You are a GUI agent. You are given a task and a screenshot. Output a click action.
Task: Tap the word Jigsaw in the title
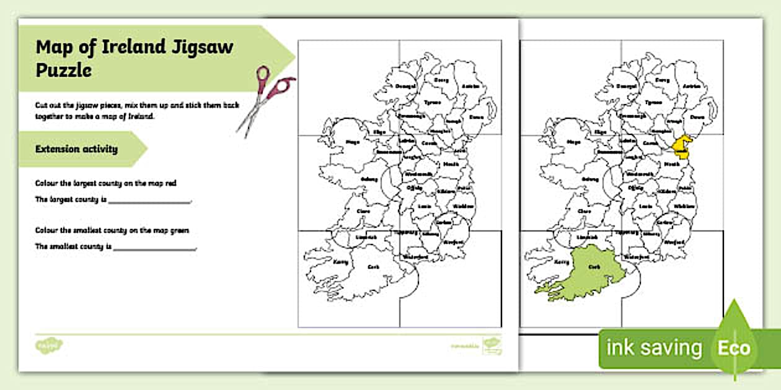(203, 48)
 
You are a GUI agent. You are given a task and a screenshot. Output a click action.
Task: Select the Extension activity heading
(76, 149)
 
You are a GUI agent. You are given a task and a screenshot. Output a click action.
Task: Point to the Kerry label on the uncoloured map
(342, 262)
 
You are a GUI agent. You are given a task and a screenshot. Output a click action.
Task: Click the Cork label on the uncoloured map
(373, 267)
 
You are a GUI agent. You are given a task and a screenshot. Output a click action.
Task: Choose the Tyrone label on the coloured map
(653, 102)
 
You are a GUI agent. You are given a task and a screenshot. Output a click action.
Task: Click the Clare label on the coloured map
(584, 210)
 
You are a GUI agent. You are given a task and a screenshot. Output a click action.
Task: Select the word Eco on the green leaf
(734, 348)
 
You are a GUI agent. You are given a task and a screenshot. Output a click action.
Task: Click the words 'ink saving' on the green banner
(654, 348)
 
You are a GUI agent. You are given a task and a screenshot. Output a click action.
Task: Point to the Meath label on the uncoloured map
(451, 165)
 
